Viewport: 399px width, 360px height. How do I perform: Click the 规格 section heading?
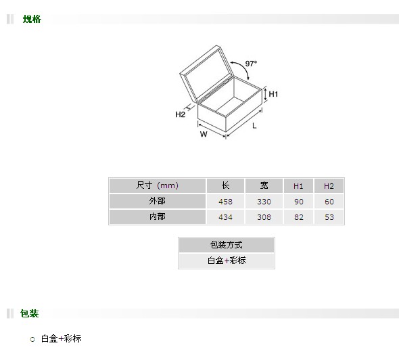tap(32, 19)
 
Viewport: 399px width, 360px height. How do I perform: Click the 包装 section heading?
tap(30, 313)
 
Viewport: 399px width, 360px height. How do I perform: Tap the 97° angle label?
tap(251, 64)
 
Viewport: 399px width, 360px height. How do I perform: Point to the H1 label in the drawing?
tap(273, 94)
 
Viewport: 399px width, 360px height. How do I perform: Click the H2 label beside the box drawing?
tap(180, 114)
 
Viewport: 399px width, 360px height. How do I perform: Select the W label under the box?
tap(204, 134)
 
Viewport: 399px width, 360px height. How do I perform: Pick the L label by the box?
tap(254, 126)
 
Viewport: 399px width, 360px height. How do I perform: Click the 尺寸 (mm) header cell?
tap(158, 185)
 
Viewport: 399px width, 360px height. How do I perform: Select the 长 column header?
tap(225, 185)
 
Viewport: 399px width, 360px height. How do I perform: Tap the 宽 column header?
tap(264, 185)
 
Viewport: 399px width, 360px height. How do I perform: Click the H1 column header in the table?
tap(298, 185)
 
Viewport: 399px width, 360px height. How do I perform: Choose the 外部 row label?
tap(158, 201)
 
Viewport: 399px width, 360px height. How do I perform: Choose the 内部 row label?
tap(158, 217)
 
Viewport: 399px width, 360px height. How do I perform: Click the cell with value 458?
tap(225, 202)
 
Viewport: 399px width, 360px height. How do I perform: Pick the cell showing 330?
tap(264, 202)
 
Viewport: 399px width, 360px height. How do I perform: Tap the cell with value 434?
tap(225, 217)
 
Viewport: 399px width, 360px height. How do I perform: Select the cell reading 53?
tap(329, 217)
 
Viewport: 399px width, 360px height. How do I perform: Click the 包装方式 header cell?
tap(227, 245)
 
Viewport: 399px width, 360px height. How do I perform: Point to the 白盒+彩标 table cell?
tap(227, 261)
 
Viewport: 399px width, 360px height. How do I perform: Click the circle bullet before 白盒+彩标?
tap(32, 339)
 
